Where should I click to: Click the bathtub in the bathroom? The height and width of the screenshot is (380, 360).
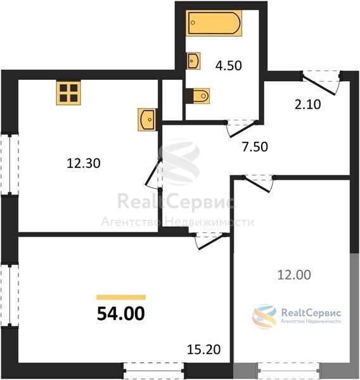214,23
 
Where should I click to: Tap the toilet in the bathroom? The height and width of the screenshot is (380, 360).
201,96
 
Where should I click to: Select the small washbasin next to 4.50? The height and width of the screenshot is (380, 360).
193,61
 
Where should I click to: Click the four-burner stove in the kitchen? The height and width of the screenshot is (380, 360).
68,93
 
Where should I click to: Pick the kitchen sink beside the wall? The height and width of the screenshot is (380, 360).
146,120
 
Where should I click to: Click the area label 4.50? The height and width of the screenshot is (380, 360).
229,66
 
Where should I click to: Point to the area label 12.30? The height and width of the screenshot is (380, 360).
84,163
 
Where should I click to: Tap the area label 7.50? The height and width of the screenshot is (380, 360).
255,147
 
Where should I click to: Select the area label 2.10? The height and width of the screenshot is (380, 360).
308,104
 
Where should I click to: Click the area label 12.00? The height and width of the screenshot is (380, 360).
294,275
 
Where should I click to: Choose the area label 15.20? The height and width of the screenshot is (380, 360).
204,350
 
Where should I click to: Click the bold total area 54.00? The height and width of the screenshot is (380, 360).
121,313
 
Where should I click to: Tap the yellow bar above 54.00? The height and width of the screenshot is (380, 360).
121,298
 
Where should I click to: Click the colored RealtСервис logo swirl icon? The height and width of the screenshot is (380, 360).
264,316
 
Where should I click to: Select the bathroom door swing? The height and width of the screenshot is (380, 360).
243,130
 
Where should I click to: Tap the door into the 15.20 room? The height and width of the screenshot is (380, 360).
210,241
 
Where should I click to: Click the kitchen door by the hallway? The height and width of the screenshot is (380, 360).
153,172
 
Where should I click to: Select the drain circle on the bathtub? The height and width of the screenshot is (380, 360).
193,23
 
